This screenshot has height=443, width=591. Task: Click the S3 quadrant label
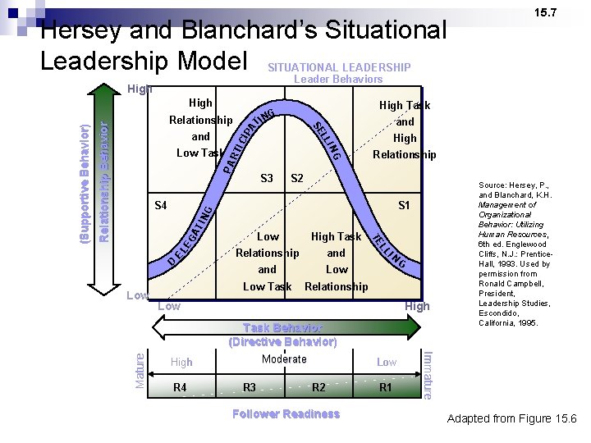[266, 178]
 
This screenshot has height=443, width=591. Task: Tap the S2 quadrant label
[297, 178]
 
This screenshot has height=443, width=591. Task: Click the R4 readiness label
[181, 387]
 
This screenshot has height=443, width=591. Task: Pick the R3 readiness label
[250, 387]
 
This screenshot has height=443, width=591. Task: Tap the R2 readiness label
[319, 387]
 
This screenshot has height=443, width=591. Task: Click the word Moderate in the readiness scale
[284, 359]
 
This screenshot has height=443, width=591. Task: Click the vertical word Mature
[141, 370]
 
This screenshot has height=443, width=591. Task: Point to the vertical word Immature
[426, 374]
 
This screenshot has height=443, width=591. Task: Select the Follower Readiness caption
[285, 414]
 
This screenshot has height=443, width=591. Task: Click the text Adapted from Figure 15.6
[512, 419]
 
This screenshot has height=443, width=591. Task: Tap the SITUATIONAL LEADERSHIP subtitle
[339, 67]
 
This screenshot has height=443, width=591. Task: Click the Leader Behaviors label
[338, 80]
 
